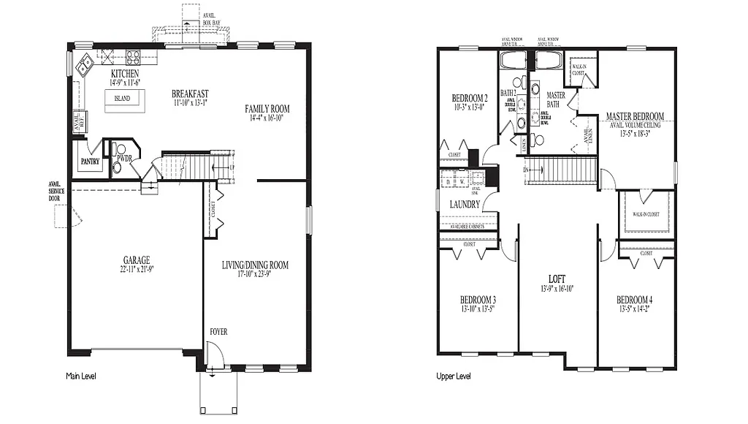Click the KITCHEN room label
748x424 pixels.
[x=125, y=75]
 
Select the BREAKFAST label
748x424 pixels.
[x=190, y=94]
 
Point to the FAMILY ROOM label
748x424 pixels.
[x=267, y=108]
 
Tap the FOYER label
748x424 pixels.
[x=218, y=332]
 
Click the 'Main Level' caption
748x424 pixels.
[x=80, y=376]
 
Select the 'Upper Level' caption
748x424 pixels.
[x=453, y=376]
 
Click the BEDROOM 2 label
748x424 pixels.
[x=469, y=99]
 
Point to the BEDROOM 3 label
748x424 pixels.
[x=478, y=300]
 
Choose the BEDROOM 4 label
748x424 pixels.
[x=635, y=300]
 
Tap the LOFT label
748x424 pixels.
[x=558, y=279]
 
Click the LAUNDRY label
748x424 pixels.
[x=465, y=205]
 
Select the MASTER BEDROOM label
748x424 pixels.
[x=635, y=116]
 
